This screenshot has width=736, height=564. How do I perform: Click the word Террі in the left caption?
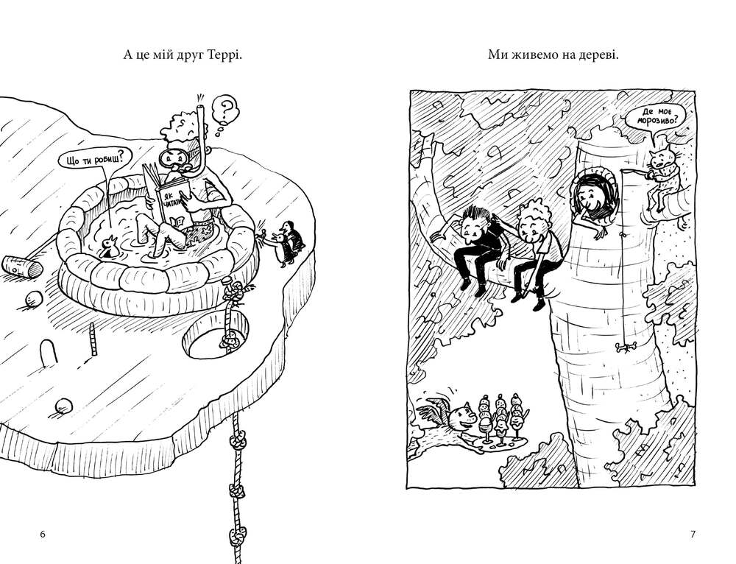(x=224, y=55)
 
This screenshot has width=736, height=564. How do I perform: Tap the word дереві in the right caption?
(x=598, y=55)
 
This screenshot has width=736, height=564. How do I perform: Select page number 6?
(x=43, y=534)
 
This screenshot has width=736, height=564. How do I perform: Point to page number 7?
(x=693, y=534)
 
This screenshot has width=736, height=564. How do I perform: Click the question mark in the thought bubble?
(x=227, y=110)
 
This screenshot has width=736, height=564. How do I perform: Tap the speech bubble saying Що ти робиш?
(x=94, y=160)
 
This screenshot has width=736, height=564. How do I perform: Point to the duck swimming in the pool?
(x=108, y=247)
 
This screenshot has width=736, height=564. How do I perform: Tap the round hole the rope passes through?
(x=215, y=335)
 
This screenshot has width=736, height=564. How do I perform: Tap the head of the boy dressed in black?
(x=475, y=224)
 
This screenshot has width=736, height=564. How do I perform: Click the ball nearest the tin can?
(x=33, y=299)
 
